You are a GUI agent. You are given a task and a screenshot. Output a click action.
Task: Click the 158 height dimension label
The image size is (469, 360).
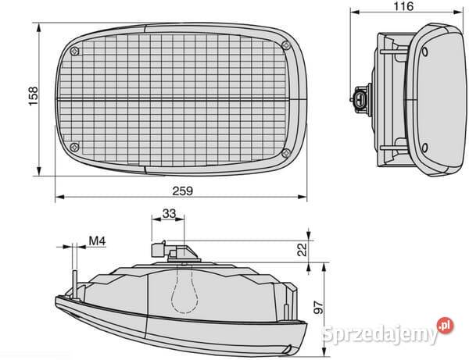[x=33, y=96]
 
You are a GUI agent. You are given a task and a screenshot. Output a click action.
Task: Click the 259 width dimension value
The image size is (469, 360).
[x=182, y=191]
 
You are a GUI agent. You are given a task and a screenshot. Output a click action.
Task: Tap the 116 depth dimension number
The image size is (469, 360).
[x=403, y=6]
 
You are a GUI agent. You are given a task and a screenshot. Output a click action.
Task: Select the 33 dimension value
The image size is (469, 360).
[x=169, y=214]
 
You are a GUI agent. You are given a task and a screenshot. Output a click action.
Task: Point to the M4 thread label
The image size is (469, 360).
[x=98, y=241]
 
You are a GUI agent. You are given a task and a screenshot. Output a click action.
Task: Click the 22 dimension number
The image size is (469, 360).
[x=303, y=249]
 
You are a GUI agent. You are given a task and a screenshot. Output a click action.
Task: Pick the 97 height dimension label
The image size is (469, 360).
[x=319, y=308]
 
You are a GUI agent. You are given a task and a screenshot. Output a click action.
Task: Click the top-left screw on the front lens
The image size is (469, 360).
[x=75, y=52]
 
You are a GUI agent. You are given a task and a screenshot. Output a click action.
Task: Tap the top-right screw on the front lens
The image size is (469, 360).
[x=286, y=46]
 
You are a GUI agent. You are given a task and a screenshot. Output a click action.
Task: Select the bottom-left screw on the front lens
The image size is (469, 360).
[x=74, y=147]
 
